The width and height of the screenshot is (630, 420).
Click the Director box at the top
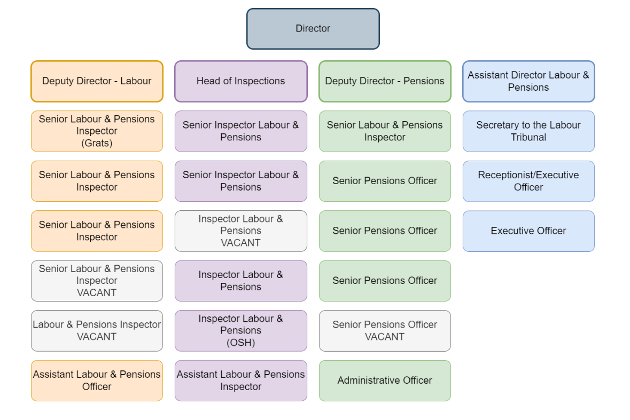[313, 29]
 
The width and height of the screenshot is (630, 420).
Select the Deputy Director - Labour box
[97, 81]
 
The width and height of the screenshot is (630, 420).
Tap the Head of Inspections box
[240, 81]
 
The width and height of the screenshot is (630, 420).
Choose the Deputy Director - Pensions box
[385, 81]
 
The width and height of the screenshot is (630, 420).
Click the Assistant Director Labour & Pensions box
[528, 81]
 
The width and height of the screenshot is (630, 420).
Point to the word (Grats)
[97, 143]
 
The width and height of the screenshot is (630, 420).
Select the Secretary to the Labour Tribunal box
[528, 131]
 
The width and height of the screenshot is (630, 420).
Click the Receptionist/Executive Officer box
[528, 181]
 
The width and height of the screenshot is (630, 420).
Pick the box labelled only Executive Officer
[528, 231]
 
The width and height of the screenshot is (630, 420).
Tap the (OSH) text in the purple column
[240, 343]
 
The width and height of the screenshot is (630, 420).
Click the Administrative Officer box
[385, 381]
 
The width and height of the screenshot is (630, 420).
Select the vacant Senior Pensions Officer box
[385, 331]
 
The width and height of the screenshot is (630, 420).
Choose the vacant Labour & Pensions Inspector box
[97, 331]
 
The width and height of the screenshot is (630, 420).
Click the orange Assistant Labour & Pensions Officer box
[97, 381]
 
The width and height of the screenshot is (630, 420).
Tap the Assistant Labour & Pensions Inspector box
[240, 381]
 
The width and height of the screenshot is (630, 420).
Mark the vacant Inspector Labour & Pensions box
[240, 231]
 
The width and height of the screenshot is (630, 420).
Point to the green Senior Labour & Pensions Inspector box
[385, 131]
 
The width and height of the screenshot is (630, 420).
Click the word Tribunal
[528, 138]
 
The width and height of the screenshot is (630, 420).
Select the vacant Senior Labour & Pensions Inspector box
[97, 281]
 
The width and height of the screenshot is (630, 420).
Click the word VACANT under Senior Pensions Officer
[385, 337]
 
